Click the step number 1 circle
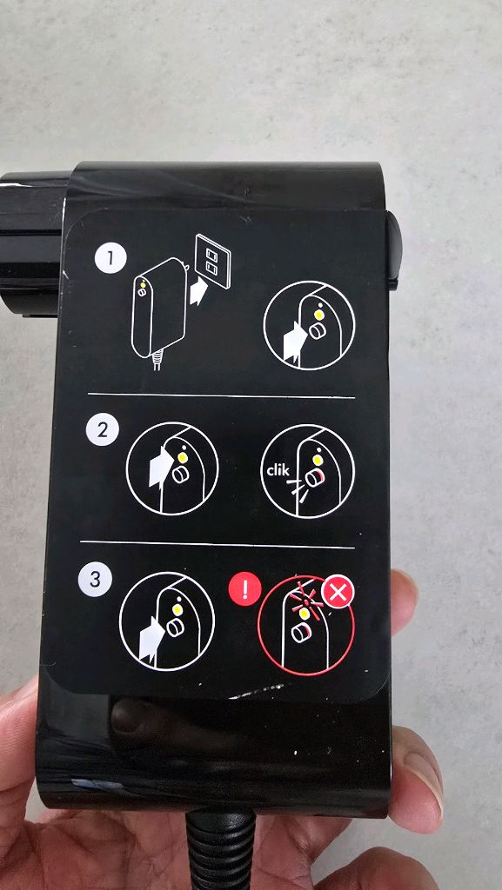point(110,259)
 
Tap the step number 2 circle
point(103,430)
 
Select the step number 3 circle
point(95,581)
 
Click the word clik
point(278,470)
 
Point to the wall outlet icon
point(211,261)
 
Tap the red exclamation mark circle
point(244,590)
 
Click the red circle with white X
point(338,593)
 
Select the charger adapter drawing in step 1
point(157,312)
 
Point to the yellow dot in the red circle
point(304,614)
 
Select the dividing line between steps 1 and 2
point(222,395)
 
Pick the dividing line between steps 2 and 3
point(217,544)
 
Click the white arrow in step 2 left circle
point(159,466)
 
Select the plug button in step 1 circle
point(316,331)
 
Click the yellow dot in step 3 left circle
point(177,608)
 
